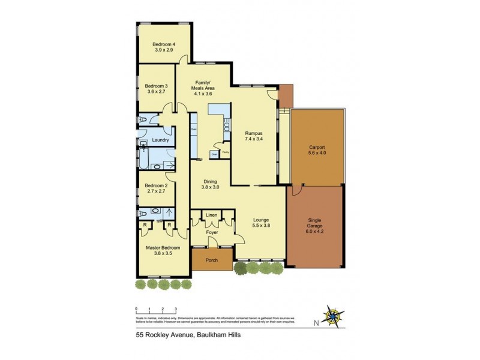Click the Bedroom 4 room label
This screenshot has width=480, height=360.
[163, 44]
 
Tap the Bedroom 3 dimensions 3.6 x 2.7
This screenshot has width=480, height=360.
[157, 93]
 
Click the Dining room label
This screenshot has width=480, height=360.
[210, 182]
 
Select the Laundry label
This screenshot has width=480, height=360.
[160, 140]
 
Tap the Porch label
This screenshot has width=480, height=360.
[211, 260]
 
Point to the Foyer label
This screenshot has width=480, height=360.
[211, 232]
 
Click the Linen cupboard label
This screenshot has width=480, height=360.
[211, 215]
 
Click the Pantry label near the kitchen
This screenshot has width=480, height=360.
[226, 152]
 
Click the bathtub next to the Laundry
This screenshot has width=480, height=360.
[145, 158]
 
